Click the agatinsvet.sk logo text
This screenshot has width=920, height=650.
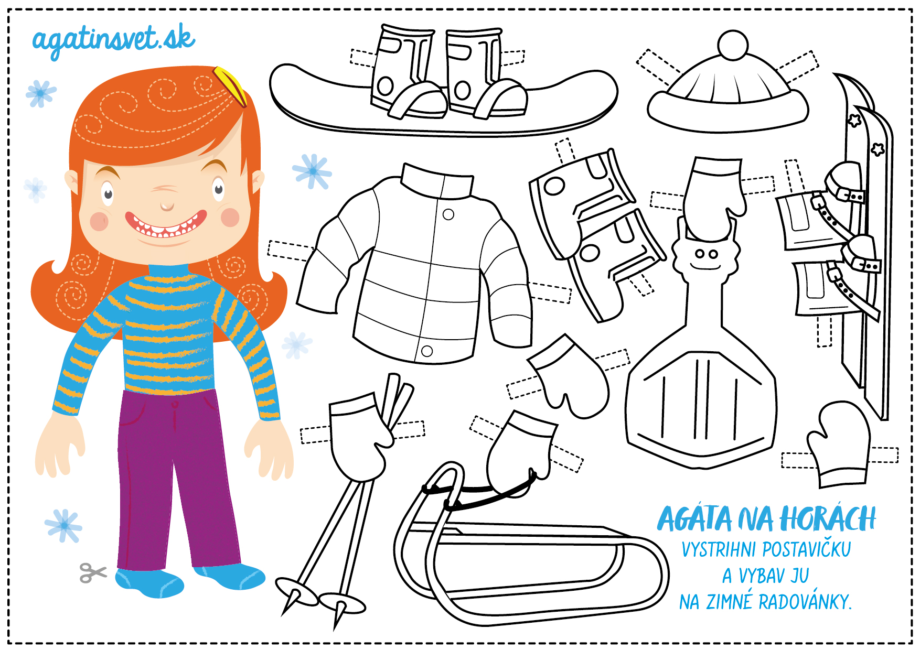pos(113,41)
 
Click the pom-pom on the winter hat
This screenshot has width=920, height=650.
pos(732,45)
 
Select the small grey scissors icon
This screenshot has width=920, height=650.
pos(93,572)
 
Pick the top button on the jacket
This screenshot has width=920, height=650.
pos(448,214)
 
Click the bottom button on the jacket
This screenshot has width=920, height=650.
pos(427,351)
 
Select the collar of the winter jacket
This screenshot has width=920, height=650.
pos(437,181)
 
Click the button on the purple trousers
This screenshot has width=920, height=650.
pos(175,405)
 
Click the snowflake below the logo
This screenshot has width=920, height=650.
pos(41,94)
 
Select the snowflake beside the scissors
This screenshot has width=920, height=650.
pos(63,525)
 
